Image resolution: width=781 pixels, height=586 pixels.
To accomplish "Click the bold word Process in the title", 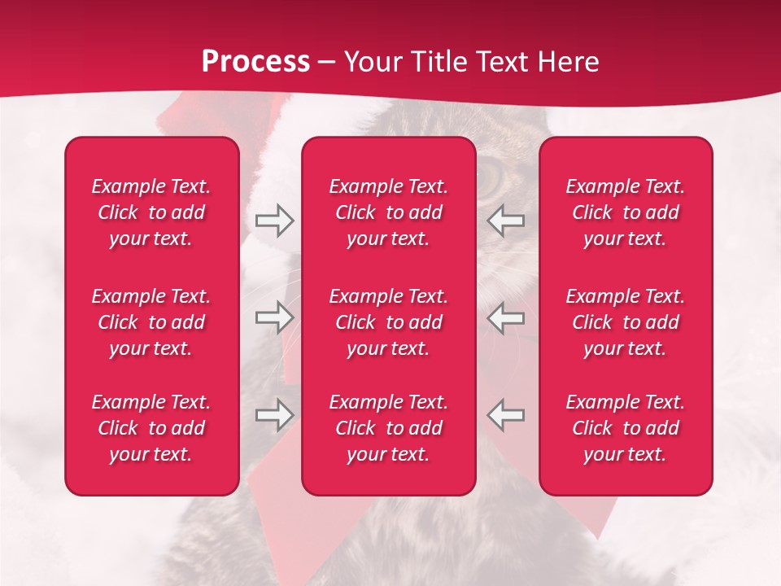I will click(x=255, y=62).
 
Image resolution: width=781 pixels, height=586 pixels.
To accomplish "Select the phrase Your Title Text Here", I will click(x=472, y=62).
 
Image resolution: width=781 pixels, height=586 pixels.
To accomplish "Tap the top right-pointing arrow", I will click(x=275, y=220).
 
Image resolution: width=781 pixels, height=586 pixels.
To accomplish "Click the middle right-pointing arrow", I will click(x=275, y=317).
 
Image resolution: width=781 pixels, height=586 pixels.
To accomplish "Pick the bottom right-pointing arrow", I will click(x=275, y=415).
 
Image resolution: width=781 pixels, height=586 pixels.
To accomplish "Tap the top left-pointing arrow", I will click(x=506, y=220).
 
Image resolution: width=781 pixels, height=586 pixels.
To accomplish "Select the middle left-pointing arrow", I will click(x=506, y=317).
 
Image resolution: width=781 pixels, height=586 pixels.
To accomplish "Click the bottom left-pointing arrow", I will click(x=506, y=415).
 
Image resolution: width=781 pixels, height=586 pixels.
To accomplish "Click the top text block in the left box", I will click(x=151, y=212).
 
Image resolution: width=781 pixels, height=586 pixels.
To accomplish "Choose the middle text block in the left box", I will click(x=151, y=322).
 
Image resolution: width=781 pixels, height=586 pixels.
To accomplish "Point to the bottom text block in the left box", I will click(x=151, y=428).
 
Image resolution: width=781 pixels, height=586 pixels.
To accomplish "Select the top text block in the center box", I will click(x=388, y=212).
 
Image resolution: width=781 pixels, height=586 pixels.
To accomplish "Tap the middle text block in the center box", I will click(x=388, y=322).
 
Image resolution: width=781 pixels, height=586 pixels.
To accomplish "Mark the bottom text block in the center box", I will click(x=388, y=428).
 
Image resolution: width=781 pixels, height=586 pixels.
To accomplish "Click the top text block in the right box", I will click(x=625, y=212).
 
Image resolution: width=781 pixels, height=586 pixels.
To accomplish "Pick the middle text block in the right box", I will click(x=625, y=322).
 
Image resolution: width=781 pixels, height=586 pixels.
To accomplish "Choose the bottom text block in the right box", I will click(x=625, y=428).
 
